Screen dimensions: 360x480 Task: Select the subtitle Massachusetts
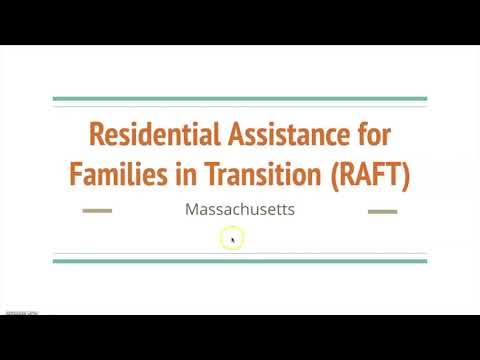click(x=240, y=211)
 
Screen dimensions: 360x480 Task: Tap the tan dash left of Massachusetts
click(x=97, y=211)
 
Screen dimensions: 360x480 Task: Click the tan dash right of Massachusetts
click(x=383, y=211)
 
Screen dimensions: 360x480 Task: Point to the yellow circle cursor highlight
click(x=232, y=239)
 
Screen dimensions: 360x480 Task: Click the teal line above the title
click(x=240, y=99)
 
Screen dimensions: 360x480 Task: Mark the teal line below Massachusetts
click(x=240, y=261)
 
